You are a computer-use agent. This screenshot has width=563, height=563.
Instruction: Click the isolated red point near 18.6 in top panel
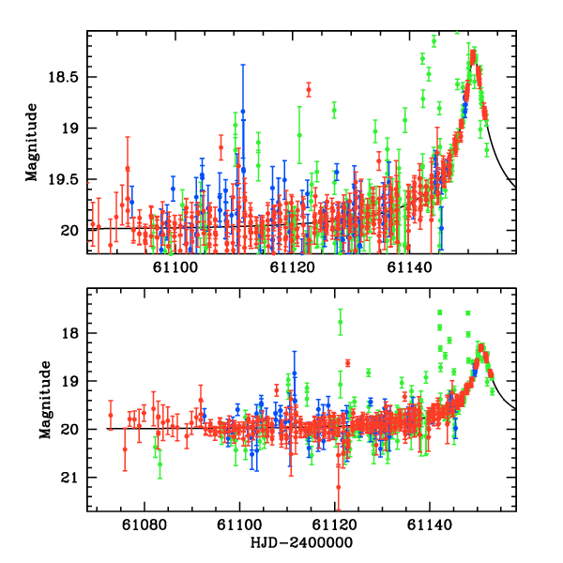[308, 90]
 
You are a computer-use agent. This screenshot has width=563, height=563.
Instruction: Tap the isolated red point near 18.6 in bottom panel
[347, 363]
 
